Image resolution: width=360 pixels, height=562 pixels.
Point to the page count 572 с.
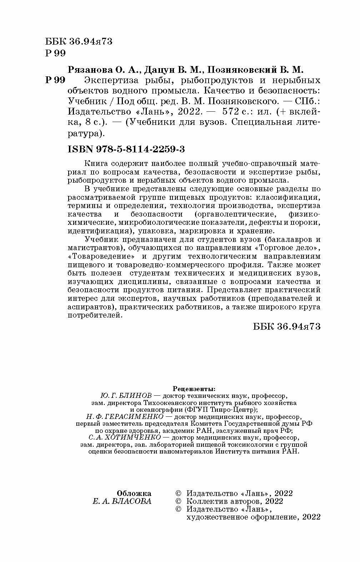pos(235,112)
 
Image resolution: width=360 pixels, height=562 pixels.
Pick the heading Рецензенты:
pos(194,388)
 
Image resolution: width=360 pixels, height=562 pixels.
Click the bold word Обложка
pos(134,493)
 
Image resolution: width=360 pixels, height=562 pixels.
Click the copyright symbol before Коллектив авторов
pos(179,501)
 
